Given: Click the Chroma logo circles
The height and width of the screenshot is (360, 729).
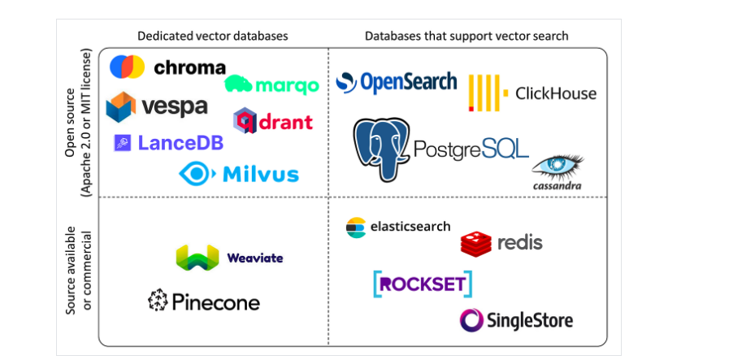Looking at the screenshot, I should coord(127,67).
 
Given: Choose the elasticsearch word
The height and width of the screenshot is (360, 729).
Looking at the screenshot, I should coord(410,226).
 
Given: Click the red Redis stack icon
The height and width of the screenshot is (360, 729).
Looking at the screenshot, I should coord(475,242).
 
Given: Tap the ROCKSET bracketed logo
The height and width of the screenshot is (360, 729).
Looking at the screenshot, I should coord(423,284).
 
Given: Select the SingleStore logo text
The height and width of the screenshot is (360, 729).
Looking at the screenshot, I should coord(529,319).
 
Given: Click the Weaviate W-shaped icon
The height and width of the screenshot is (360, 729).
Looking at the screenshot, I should coord(197,258).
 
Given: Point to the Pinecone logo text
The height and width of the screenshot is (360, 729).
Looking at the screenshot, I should coord(215,302).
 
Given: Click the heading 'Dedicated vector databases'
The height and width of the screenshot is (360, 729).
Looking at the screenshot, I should coord(213,36).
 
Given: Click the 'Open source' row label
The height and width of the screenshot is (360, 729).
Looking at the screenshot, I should coord(72,122).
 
